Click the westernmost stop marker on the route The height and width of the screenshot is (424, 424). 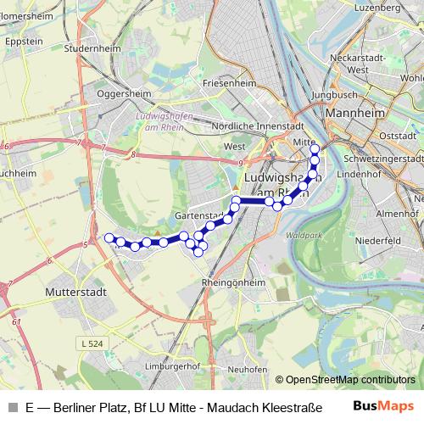click(x=109, y=237)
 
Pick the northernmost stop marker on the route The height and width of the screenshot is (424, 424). click(x=315, y=149)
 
